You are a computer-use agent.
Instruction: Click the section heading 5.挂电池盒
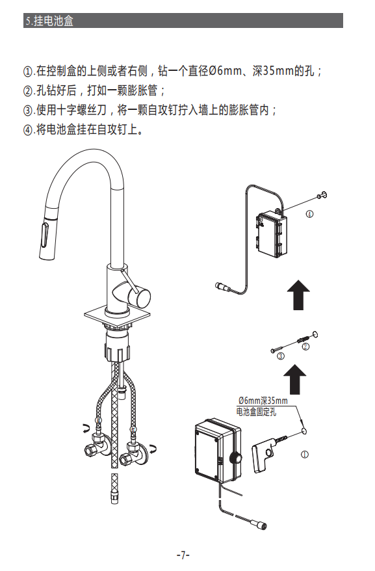(49, 21)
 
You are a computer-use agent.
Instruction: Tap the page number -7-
(183, 555)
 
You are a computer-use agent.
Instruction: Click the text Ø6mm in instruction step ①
(225, 71)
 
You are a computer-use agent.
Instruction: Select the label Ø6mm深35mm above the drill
(263, 401)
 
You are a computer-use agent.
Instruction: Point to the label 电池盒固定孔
(256, 412)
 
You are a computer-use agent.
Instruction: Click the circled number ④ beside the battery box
(309, 214)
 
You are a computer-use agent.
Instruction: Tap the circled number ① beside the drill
(304, 454)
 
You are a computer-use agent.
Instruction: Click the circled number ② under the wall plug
(305, 347)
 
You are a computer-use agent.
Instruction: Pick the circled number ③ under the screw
(281, 356)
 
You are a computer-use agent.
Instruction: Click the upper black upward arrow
(298, 295)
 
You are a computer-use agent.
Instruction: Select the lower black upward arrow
(295, 379)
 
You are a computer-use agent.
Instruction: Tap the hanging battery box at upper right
(272, 233)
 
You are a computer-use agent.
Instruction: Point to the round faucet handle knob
(142, 296)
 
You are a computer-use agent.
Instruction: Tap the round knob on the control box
(236, 458)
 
